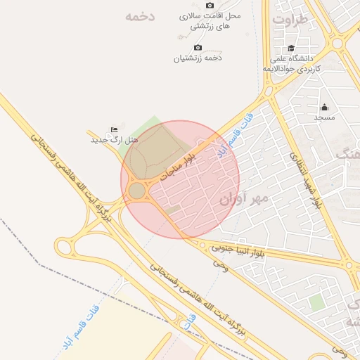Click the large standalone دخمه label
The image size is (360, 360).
139,16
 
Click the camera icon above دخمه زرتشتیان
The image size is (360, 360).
197,48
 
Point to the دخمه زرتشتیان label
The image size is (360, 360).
198,58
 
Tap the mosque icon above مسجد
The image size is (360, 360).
324,108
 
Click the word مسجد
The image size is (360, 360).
324,117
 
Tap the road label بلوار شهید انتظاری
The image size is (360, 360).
305,179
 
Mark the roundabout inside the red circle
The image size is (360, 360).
137,191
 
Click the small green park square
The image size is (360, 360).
317,302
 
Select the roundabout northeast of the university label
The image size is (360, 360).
337,44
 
